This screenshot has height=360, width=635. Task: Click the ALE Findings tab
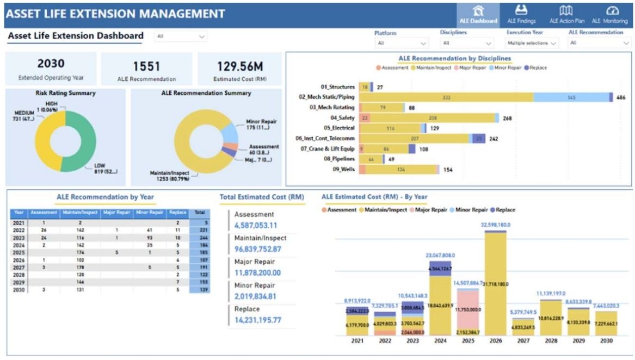pyautogui.click(x=521, y=15)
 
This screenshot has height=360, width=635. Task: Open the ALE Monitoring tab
pyautogui.click(x=612, y=15)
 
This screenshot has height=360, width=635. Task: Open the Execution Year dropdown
pyautogui.click(x=532, y=43)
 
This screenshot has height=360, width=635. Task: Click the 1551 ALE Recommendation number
pyautogui.click(x=146, y=66)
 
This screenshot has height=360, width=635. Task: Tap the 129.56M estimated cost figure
pyautogui.click(x=240, y=66)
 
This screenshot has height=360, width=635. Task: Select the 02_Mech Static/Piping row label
pyautogui.click(x=326, y=97)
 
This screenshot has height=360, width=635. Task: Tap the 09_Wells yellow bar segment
pyautogui.click(x=401, y=170)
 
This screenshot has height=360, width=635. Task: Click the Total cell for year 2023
pyautogui.click(x=199, y=238)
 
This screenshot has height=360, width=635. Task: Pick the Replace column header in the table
pyautogui.click(x=177, y=213)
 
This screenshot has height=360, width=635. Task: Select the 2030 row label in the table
pyautogui.click(x=19, y=290)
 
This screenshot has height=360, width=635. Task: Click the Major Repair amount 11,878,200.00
pyautogui.click(x=257, y=273)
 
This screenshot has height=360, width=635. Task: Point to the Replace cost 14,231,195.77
pyautogui.click(x=258, y=320)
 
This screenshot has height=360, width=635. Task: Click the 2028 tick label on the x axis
pyautogui.click(x=550, y=341)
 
